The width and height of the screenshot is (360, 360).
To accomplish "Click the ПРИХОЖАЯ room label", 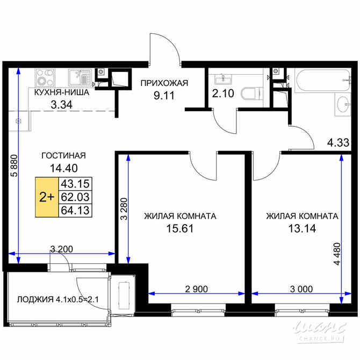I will click(164, 83).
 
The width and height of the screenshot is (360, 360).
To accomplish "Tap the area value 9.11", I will click(164, 97).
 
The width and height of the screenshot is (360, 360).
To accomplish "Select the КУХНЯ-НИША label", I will click(59, 93).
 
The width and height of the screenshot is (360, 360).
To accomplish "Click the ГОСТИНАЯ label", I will click(63, 156).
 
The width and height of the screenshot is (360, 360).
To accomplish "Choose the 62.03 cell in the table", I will click(77, 197).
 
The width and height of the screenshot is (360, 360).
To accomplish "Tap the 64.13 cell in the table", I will click(77, 210).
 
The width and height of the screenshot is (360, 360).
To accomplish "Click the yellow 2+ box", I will click(47, 197).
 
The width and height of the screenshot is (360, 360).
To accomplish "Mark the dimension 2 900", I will click(197, 289).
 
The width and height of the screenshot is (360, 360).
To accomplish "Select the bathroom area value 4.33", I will click(339, 143).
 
